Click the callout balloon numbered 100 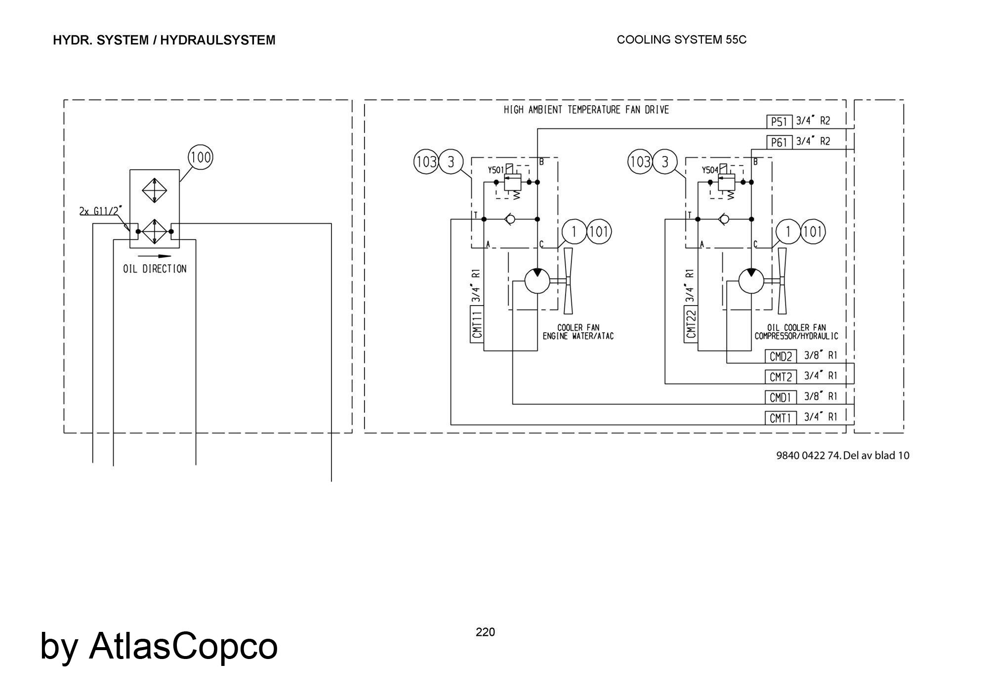201,157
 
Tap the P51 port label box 779,121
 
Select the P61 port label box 779,142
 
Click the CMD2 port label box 781,356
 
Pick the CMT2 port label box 781,377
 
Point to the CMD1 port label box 781,397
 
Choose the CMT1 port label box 781,418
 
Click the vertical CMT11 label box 477,324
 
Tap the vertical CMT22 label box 691,324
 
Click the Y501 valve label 495,170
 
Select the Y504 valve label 710,170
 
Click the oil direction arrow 155,256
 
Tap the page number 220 485,632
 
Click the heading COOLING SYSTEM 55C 681,40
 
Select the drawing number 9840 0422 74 808,455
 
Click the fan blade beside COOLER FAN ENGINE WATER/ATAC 568,281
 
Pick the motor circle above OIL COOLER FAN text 751,281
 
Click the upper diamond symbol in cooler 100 155,190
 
